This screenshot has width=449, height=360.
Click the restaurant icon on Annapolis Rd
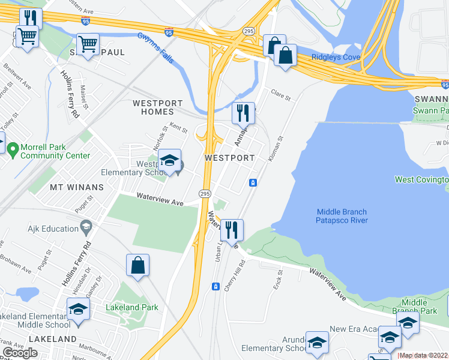tap(243, 112)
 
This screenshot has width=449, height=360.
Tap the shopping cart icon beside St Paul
tap(88, 43)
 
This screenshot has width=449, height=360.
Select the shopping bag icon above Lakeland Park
tap(137, 265)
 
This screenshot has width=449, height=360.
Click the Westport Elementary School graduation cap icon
tap(169, 160)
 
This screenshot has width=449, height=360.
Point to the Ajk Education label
tap(53, 229)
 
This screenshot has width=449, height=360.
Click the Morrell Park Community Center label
tap(55, 151)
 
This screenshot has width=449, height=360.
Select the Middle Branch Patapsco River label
tap(342, 216)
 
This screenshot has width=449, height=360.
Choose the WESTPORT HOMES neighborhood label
tap(153, 107)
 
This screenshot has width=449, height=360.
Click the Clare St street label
tap(280, 96)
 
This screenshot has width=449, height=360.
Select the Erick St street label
tap(279, 277)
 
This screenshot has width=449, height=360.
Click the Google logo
tap(20, 353)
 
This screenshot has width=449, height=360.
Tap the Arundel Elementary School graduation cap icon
tap(316, 342)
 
